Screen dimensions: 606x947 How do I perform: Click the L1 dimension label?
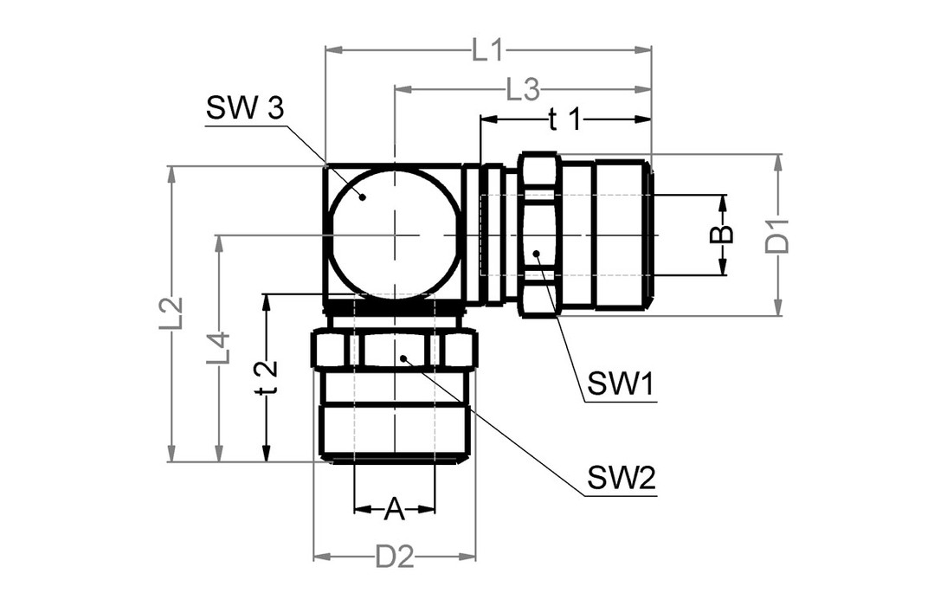pos(487,51)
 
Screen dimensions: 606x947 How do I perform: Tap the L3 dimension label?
pos(523,88)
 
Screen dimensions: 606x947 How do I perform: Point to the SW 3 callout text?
pos(245,110)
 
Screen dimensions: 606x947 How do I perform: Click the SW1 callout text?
pos(620,384)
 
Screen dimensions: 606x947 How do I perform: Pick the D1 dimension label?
pos(779,235)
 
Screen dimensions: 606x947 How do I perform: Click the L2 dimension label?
pos(171,313)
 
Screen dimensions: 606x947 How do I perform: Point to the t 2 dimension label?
pos(267,377)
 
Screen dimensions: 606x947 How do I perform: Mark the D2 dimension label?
pos(394,557)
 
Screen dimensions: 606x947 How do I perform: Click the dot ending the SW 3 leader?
pos(364,197)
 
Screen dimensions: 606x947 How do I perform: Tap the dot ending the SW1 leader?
pos(537,254)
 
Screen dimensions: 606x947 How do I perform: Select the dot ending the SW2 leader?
pos(403,356)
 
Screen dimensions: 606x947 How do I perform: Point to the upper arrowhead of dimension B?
pos(723,201)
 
